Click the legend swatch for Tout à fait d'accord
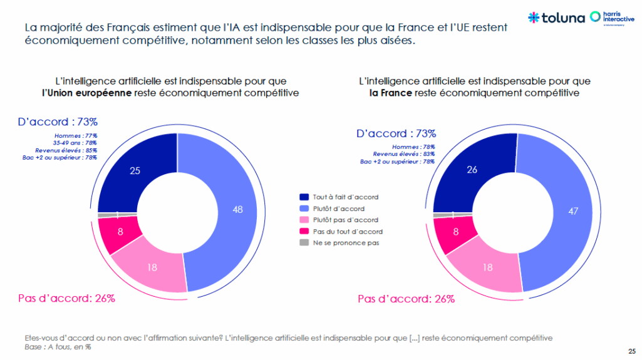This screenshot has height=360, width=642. pyautogui.click(x=304, y=197)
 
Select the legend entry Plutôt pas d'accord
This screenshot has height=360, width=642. pyautogui.click(x=345, y=220)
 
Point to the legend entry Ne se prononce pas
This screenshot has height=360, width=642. pyautogui.click(x=346, y=242)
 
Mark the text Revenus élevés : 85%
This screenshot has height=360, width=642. pyautogui.click(x=66, y=150)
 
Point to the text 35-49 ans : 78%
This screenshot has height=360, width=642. pyautogui.click(x=74, y=143)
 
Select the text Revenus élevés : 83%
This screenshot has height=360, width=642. pyautogui.click(x=403, y=154)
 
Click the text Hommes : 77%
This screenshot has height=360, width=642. pyautogui.click(x=77, y=135)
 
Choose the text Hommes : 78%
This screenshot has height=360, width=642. pyautogui.click(x=414, y=147)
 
